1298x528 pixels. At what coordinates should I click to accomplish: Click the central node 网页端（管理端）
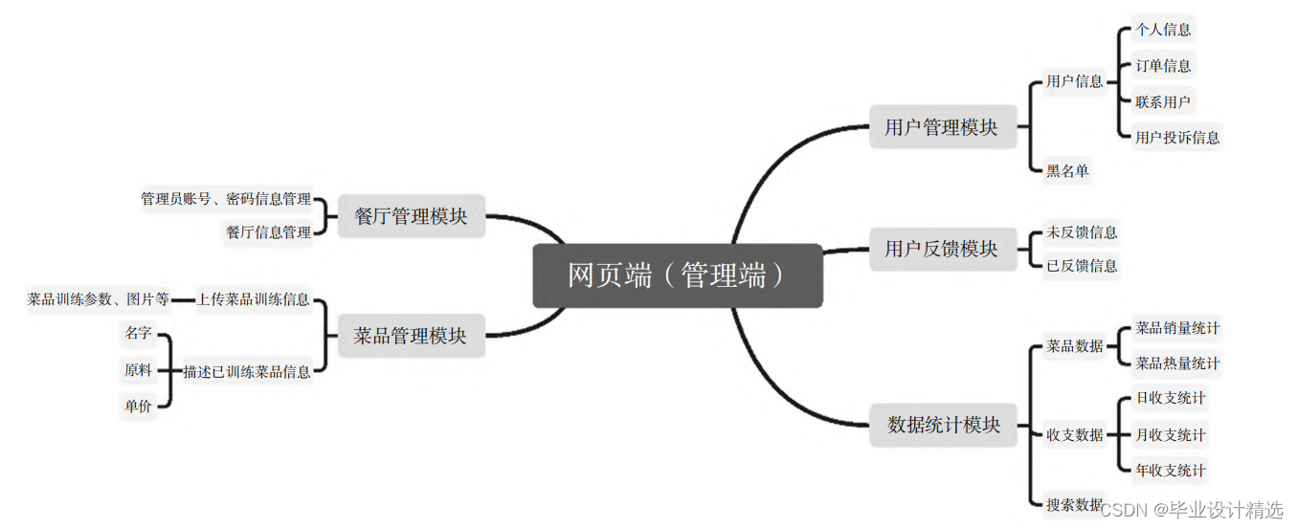pyautogui.click(x=677, y=275)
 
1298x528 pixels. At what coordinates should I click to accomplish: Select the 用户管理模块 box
pyautogui.click(x=942, y=126)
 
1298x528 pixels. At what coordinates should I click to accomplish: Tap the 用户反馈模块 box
pyautogui.click(x=942, y=249)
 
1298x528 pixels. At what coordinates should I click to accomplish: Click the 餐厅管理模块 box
pyautogui.click(x=411, y=216)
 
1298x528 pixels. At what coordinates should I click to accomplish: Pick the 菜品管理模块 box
pyautogui.click(x=410, y=336)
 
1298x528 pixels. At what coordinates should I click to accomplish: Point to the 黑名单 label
pyautogui.click(x=1067, y=171)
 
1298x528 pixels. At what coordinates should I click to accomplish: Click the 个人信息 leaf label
pyautogui.click(x=1163, y=30)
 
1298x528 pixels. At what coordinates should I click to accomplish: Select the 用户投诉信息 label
pyautogui.click(x=1177, y=138)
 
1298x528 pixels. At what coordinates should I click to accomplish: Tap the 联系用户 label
pyautogui.click(x=1163, y=101)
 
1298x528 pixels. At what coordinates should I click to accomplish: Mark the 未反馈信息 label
pyautogui.click(x=1082, y=232)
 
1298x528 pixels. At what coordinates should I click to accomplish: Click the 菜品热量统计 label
pyautogui.click(x=1177, y=363)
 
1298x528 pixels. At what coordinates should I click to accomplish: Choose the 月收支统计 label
pyautogui.click(x=1170, y=435)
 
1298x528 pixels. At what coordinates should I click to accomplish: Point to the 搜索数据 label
pyautogui.click(x=1074, y=504)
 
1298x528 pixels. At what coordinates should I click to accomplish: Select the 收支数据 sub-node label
pyautogui.click(x=1075, y=435)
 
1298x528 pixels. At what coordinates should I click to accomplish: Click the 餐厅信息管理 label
pyautogui.click(x=269, y=232)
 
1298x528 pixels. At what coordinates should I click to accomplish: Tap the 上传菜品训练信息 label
pyautogui.click(x=254, y=299)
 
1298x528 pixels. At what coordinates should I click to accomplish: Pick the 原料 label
pyautogui.click(x=138, y=370)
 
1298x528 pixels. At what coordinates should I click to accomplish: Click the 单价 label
pyautogui.click(x=138, y=406)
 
